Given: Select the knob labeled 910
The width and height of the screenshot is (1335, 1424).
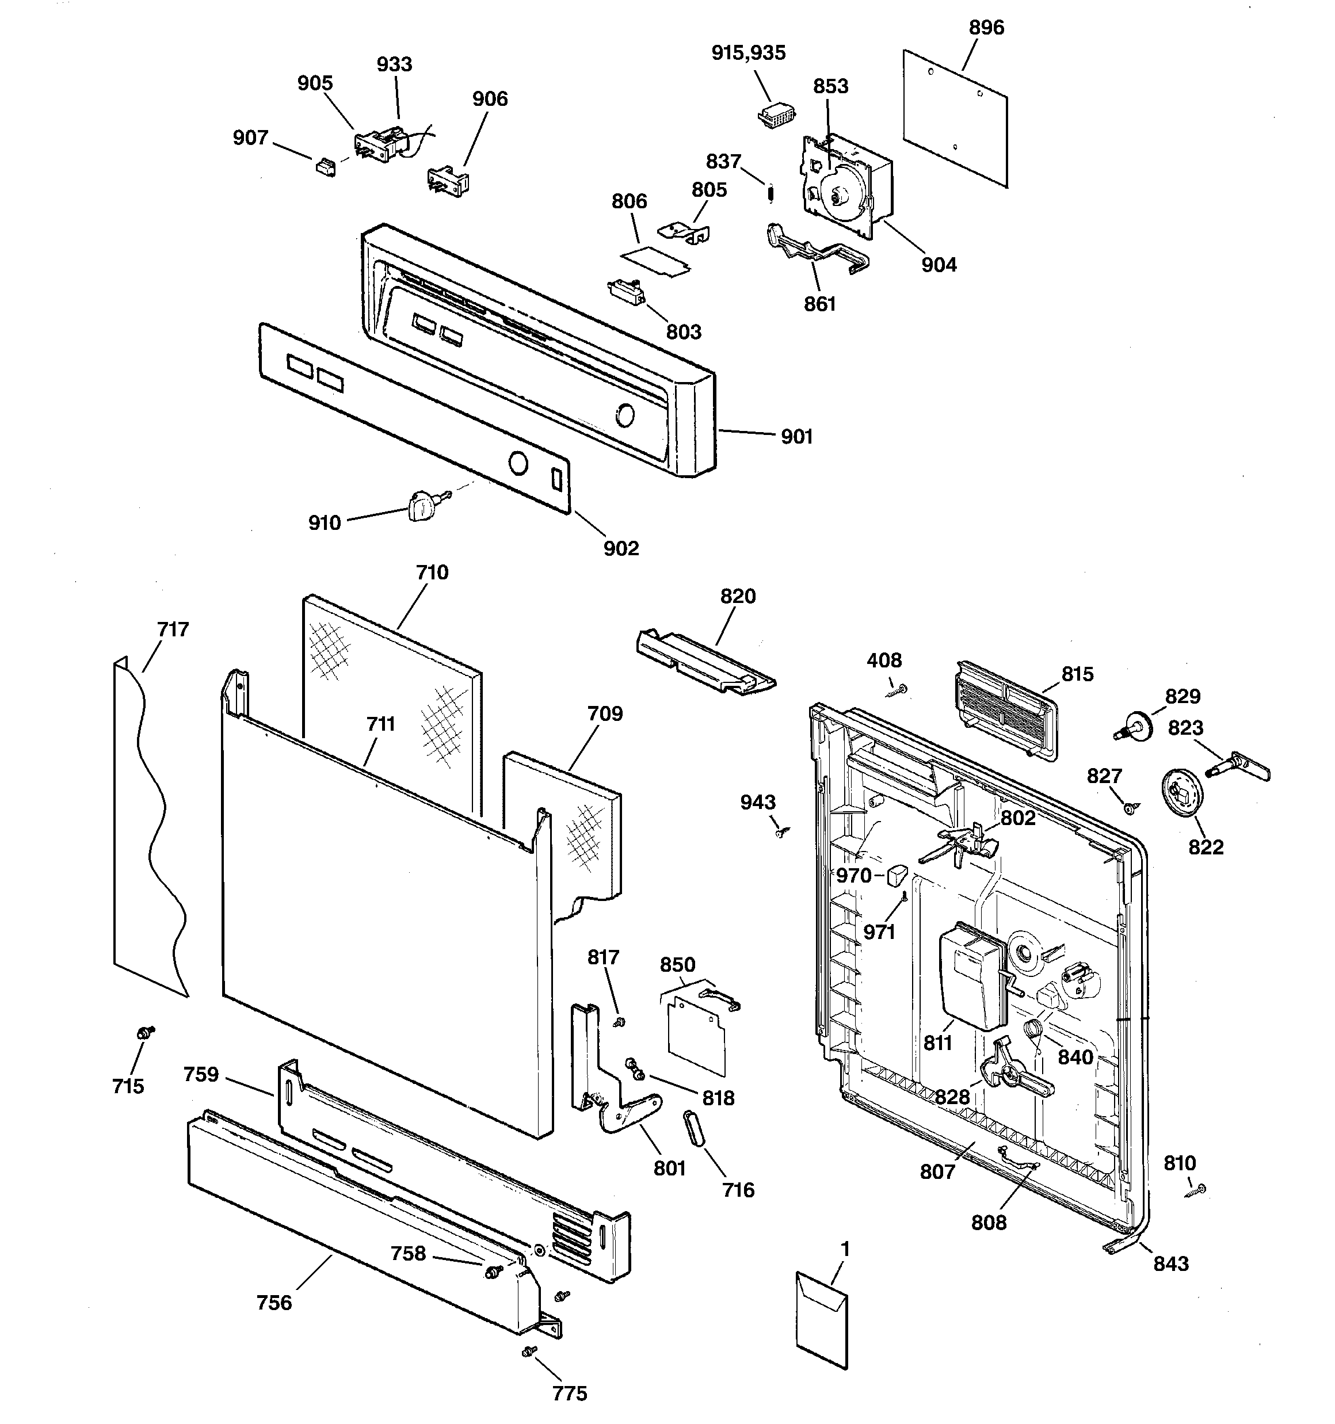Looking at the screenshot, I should [x=423, y=506].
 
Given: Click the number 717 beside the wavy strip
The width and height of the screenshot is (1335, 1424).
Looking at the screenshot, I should [x=173, y=629].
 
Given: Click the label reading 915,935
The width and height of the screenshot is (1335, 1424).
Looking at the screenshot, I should [x=748, y=53].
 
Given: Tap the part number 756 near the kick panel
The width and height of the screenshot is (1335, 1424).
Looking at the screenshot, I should [x=274, y=1302].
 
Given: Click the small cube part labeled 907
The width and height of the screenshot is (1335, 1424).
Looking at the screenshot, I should [x=326, y=167].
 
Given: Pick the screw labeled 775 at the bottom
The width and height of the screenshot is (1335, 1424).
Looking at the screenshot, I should [x=529, y=1351].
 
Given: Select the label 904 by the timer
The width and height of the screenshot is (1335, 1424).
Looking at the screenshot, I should [x=938, y=265].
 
